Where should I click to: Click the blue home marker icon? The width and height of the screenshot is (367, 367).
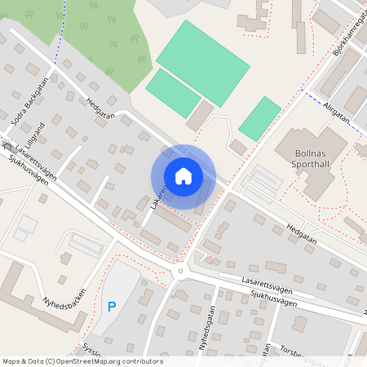click(183, 175)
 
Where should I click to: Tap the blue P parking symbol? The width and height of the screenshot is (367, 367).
click(111, 307)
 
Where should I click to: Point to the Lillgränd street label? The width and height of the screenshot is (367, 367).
click(34, 129)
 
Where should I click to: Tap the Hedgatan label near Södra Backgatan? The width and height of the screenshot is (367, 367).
click(99, 109)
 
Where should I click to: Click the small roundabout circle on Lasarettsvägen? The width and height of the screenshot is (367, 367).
click(180, 272)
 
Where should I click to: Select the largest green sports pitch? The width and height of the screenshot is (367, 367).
click(202, 63)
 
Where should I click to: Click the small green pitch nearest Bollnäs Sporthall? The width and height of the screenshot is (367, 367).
click(260, 118)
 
